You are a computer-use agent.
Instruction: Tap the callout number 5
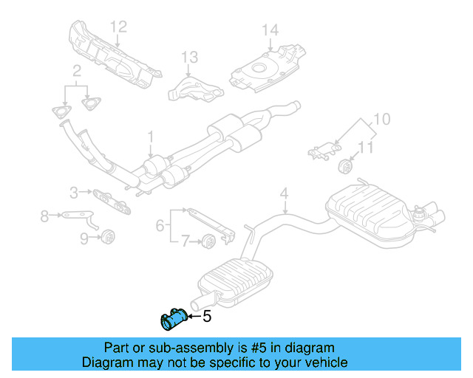tap(207, 317)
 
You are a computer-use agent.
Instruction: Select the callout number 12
tap(119, 27)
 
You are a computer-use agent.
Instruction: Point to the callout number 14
tap(270, 30)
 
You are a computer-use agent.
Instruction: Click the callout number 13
tap(190, 56)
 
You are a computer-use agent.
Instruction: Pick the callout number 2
tap(76, 71)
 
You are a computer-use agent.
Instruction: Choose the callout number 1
tap(150, 137)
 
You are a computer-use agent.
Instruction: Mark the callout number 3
tap(75, 193)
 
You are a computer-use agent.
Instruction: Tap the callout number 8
tap(44, 216)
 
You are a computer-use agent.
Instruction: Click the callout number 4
tap(283, 194)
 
